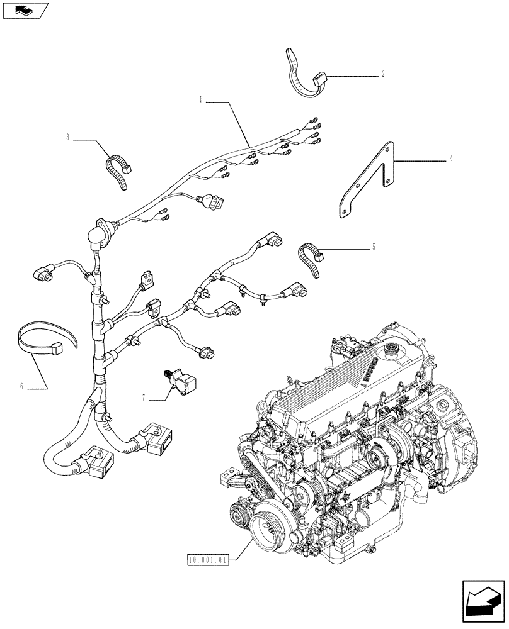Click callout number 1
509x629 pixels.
pos(200,99)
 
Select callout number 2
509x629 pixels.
pos(383,74)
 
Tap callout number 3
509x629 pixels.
pos(67,137)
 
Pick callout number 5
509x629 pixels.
pos(374,247)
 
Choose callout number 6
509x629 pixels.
pos(21,386)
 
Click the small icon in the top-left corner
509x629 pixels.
pos(25,10)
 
